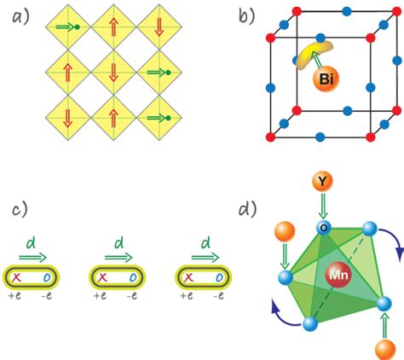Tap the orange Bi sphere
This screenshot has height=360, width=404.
click(x=324, y=80)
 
